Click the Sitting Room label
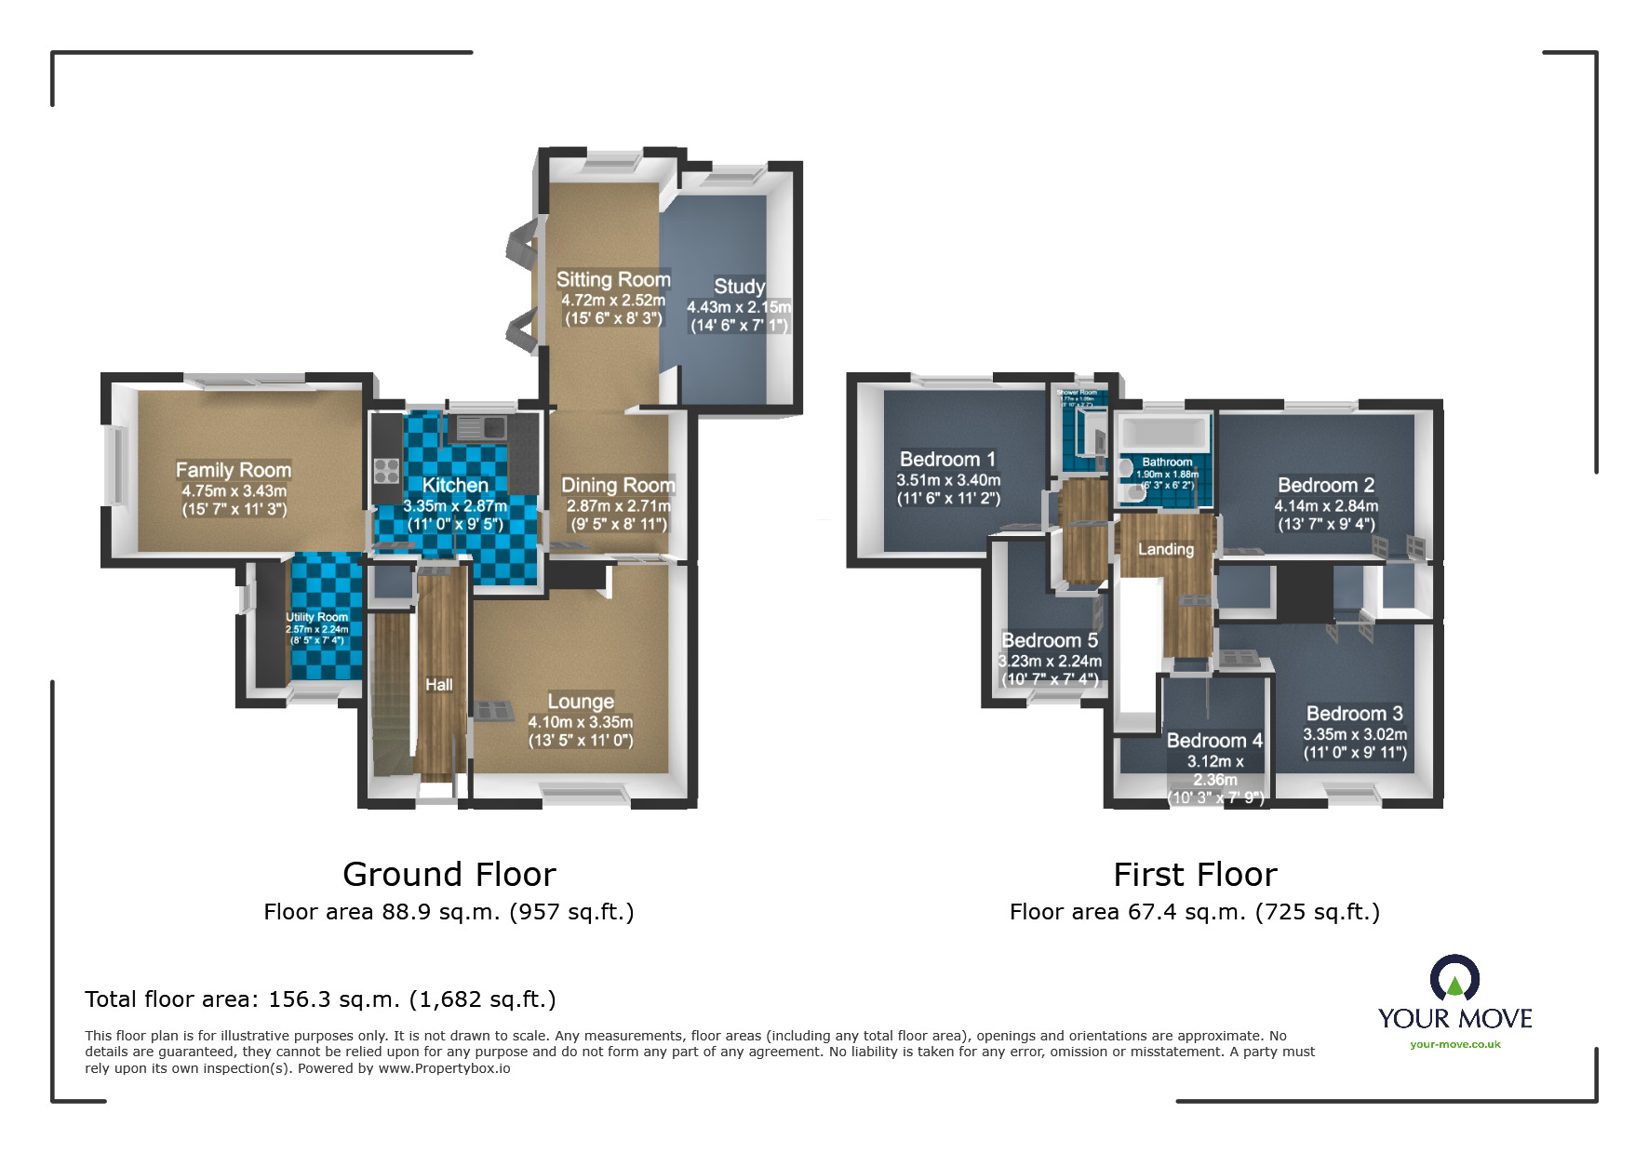click(x=613, y=279)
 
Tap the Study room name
click(x=739, y=287)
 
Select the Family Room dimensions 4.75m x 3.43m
click(x=234, y=490)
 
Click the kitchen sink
click(x=480, y=428)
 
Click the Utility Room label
click(x=316, y=617)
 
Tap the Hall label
click(x=438, y=685)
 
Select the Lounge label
click(x=581, y=701)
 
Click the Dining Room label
click(x=618, y=485)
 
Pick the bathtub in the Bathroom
click(x=1163, y=434)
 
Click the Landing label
click(x=1165, y=549)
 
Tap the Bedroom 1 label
click(x=947, y=459)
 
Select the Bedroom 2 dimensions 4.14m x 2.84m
click(x=1326, y=506)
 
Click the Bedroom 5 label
click(x=1050, y=640)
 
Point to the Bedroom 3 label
click(x=1354, y=714)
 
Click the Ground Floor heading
click(x=449, y=875)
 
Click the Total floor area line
click(x=320, y=999)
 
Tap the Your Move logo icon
click(x=1454, y=978)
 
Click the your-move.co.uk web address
click(x=1454, y=1044)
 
